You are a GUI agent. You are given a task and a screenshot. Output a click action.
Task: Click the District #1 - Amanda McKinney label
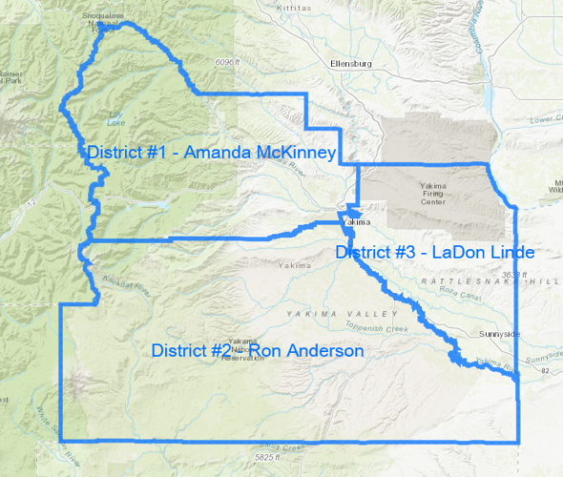coord(210,154)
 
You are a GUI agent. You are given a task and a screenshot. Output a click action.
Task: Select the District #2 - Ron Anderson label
coord(258,351)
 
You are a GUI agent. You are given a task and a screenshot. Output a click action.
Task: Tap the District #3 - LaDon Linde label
coord(434,252)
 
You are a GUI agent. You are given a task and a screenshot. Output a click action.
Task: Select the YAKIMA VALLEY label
coord(340,313)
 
